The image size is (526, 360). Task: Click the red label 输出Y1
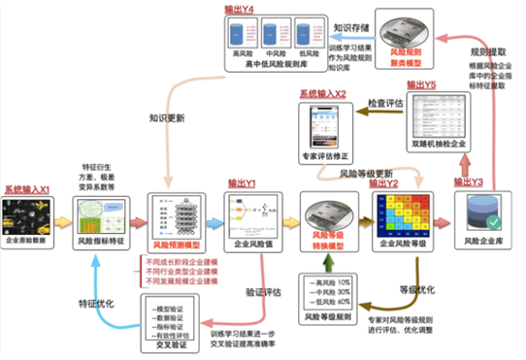point(241,182)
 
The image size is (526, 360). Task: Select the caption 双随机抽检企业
point(440,143)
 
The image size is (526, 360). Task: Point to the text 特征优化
point(97,303)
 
